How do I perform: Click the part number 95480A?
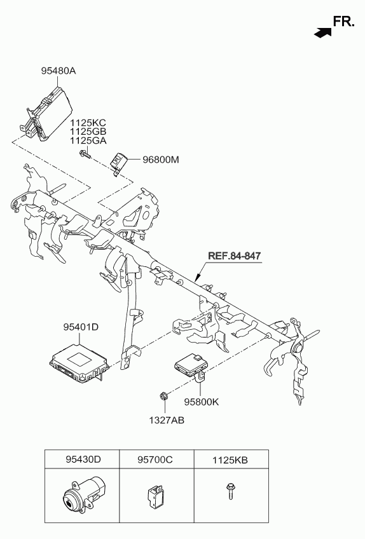coord(59,71)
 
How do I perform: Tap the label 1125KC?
coord(88,123)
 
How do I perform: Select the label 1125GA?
coord(88,140)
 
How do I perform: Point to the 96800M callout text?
coord(161,160)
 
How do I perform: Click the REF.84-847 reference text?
coord(234,256)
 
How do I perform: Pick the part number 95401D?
coord(81,327)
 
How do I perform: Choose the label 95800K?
coord(201,402)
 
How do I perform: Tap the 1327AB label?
coord(167,420)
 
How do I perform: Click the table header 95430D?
coord(83,460)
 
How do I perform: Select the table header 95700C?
coord(155,460)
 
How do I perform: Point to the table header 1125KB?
coord(230,460)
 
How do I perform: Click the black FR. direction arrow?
coord(322,32)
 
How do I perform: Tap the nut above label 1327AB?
coord(164,396)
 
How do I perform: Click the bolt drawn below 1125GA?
coord(85,154)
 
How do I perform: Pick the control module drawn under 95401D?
coord(79,363)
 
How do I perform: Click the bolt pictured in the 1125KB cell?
coord(230,491)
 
